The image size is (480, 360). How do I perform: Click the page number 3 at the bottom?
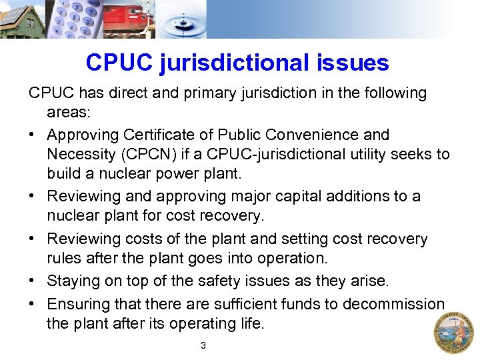[x=203, y=345]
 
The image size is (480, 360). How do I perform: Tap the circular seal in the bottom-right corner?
[x=454, y=331]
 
